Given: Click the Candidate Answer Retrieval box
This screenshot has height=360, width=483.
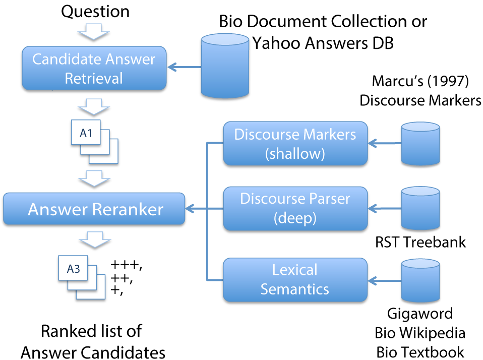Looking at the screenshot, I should pyautogui.click(x=94, y=68).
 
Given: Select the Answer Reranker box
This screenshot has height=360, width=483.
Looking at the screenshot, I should pyautogui.click(x=94, y=209).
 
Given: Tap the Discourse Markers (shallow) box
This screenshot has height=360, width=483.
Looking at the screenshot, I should pyautogui.click(x=295, y=143).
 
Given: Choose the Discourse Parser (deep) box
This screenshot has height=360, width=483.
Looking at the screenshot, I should pyautogui.click(x=295, y=208).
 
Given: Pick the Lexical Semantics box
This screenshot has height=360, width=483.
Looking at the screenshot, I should pyautogui.click(x=295, y=280).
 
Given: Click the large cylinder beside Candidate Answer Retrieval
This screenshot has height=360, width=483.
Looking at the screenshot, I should pyautogui.click(x=225, y=66).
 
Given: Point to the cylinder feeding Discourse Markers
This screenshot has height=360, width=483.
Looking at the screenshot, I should pyautogui.click(x=420, y=143).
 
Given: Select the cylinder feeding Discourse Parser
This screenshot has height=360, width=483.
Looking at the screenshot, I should pyautogui.click(x=420, y=208).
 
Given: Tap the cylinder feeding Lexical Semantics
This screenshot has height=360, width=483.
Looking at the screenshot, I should pyautogui.click(x=420, y=280).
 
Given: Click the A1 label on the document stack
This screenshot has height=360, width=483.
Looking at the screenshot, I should pyautogui.click(x=86, y=133).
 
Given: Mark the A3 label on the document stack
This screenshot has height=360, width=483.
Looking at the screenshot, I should pyautogui.click(x=74, y=269).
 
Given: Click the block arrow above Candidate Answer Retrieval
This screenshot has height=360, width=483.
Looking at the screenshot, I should pyautogui.click(x=94, y=31).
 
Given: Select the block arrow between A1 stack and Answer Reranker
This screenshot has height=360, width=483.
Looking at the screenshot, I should pyautogui.click(x=94, y=178).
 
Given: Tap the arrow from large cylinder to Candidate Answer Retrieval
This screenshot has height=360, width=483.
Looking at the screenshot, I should pyautogui.click(x=184, y=67).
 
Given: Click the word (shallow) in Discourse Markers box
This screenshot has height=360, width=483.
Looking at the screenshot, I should pyautogui.click(x=295, y=153).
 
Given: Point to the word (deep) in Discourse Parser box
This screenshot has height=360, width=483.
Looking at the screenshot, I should pyautogui.click(x=295, y=218).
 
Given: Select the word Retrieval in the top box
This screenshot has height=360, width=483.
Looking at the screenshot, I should pyautogui.click(x=94, y=78).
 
